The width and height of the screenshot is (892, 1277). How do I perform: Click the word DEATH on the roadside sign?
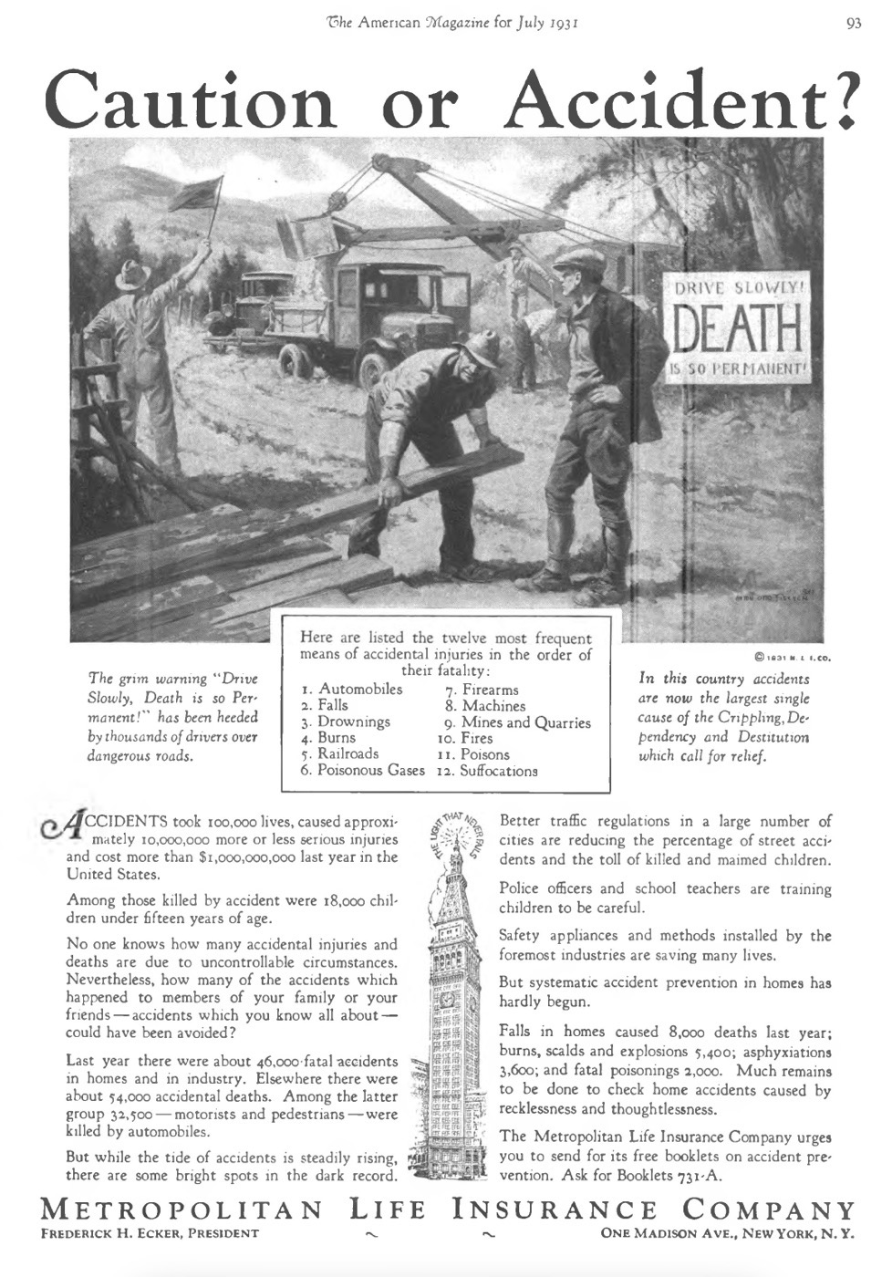click(738, 331)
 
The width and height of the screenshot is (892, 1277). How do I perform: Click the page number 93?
click(853, 23)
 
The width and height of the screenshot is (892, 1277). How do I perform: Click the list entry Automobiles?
click(359, 690)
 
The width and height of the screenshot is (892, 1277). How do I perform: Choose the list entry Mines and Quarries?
click(526, 722)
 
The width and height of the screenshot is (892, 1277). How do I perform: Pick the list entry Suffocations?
click(498, 771)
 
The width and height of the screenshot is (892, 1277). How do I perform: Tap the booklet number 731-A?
click(699, 1176)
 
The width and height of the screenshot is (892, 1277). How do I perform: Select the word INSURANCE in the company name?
click(555, 1210)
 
